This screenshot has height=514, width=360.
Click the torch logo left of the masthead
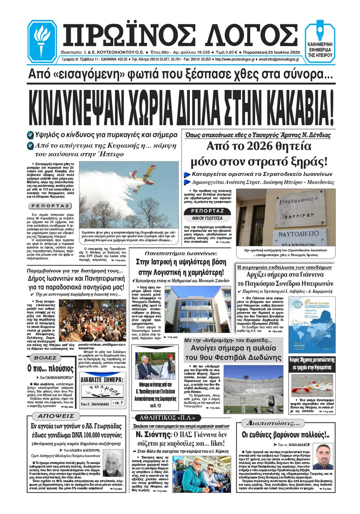point(42,41)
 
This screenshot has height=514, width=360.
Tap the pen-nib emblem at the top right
point(320,32)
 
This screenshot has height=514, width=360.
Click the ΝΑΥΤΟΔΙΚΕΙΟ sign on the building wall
point(298,234)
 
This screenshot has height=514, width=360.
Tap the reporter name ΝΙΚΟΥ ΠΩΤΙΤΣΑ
point(207,218)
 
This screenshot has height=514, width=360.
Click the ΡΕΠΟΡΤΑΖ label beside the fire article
point(50,206)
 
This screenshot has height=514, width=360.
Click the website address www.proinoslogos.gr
point(235,59)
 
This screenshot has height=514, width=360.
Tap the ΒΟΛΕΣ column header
point(45,358)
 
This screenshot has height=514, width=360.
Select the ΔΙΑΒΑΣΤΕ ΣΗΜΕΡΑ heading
point(102,379)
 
